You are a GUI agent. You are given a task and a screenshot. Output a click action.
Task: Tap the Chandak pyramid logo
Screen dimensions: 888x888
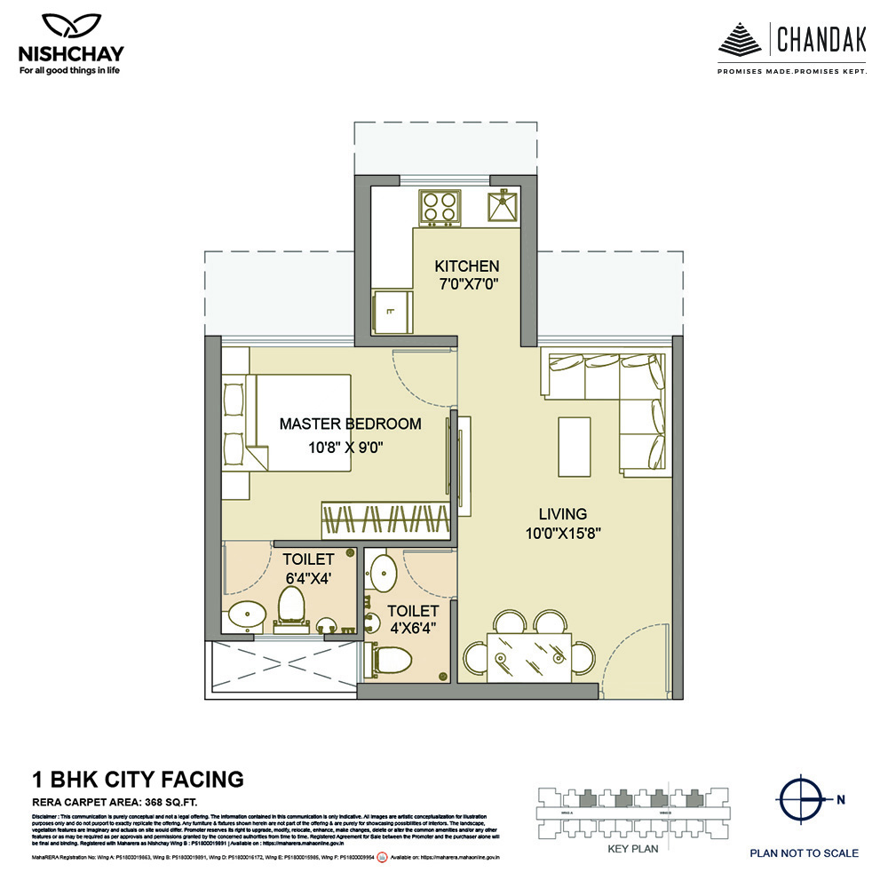pyautogui.click(x=739, y=39)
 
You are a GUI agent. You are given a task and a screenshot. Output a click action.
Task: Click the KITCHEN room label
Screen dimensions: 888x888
pyautogui.click(x=466, y=266)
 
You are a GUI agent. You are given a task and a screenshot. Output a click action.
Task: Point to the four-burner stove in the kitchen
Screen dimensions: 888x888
pyautogui.click(x=439, y=207)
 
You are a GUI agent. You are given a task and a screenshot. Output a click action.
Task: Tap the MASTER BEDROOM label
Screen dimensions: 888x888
pyautogui.click(x=350, y=424)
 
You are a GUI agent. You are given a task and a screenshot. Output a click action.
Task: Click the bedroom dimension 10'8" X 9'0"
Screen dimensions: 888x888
pyautogui.click(x=350, y=448)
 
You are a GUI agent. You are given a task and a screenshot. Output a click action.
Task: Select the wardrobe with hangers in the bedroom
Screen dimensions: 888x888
pyautogui.click(x=384, y=519)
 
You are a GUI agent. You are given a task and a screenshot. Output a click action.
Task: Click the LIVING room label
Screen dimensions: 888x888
pyautogui.click(x=562, y=514)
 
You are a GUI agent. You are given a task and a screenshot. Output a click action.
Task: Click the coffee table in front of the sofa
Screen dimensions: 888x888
pyautogui.click(x=574, y=447)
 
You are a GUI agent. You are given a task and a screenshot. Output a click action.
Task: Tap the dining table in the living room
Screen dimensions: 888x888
pyautogui.click(x=529, y=658)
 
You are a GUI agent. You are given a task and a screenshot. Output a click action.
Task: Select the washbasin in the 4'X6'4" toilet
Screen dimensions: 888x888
pyautogui.click(x=384, y=568)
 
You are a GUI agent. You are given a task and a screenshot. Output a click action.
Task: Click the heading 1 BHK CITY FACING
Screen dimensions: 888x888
pyautogui.click(x=138, y=780)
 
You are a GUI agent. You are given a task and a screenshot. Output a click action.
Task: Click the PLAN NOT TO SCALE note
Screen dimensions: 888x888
pyautogui.click(x=804, y=853)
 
